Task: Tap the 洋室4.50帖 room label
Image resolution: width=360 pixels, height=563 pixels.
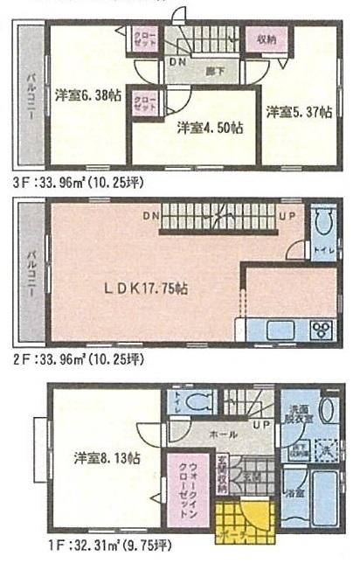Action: tap(210, 128)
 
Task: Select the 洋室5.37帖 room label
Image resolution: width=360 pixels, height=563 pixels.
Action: tap(298, 111)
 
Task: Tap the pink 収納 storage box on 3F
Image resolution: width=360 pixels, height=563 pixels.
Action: tap(267, 40)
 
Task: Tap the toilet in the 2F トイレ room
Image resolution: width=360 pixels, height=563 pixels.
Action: tap(322, 225)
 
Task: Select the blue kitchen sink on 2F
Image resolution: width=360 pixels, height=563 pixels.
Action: tap(273, 330)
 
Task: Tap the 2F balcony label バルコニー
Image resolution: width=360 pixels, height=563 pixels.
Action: tap(30, 272)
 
